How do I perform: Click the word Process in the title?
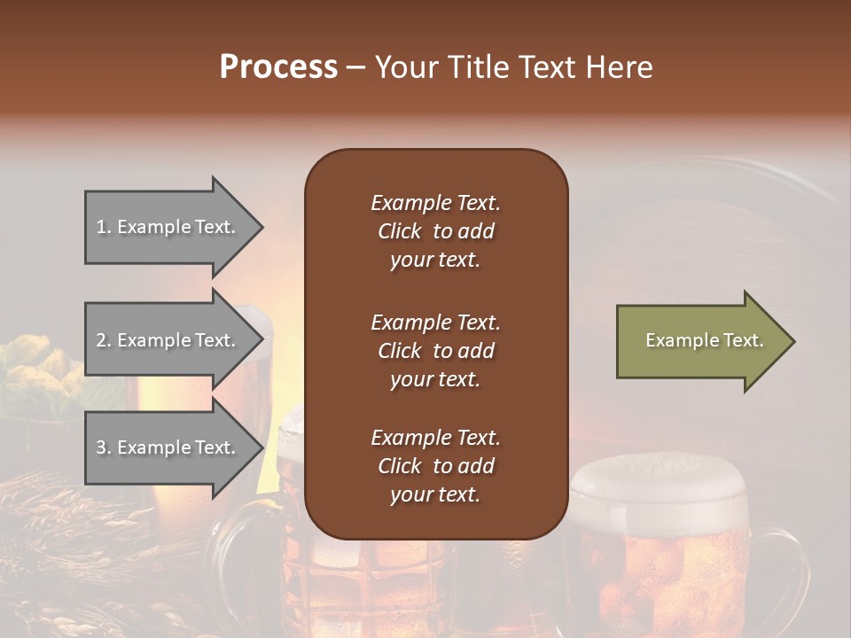(278, 67)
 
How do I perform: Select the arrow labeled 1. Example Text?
(168, 227)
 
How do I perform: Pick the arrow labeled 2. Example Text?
(168, 340)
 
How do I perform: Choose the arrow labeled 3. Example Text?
(168, 447)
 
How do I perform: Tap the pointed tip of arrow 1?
(261, 228)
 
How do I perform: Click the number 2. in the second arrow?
(104, 340)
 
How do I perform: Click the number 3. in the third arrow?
(104, 447)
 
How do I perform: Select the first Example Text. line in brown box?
(435, 203)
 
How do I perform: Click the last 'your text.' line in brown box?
(435, 494)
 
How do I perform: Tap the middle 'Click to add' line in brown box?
(435, 351)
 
